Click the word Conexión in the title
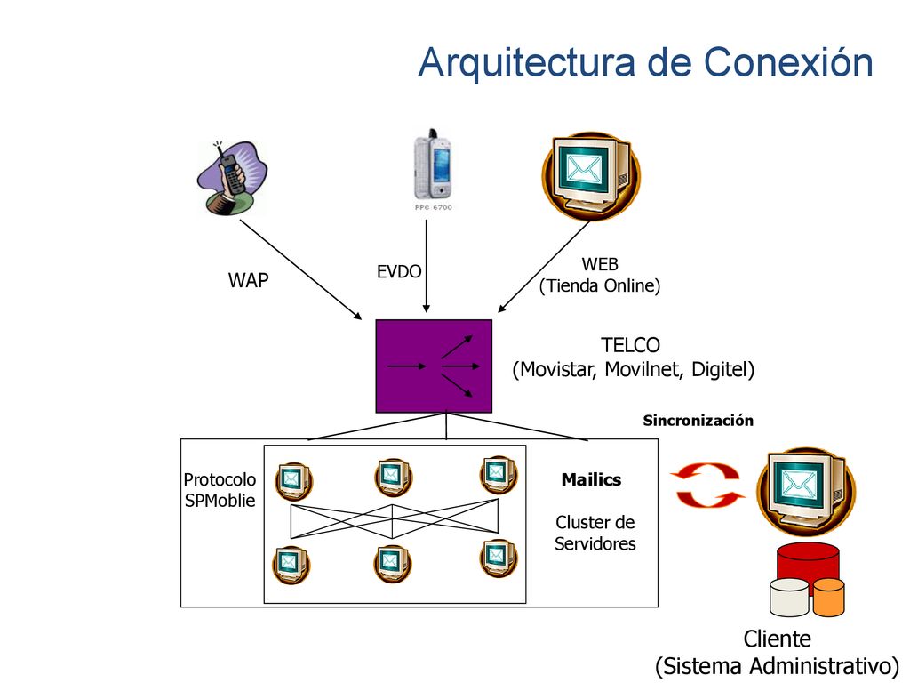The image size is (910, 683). pyautogui.click(x=788, y=62)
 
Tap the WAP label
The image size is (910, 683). pyautogui.click(x=249, y=280)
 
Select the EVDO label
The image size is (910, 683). pyautogui.click(x=399, y=272)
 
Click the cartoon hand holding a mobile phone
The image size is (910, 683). pyautogui.click(x=232, y=178)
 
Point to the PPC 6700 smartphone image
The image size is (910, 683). pyautogui.click(x=433, y=169)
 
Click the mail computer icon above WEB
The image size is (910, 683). pyautogui.click(x=591, y=175)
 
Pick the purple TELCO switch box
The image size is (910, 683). pyautogui.click(x=434, y=366)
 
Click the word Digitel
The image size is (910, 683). pyautogui.click(x=719, y=369)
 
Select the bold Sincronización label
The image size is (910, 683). pyautogui.click(x=698, y=421)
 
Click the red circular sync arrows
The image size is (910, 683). pyautogui.click(x=707, y=485)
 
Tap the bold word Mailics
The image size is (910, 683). pyautogui.click(x=591, y=479)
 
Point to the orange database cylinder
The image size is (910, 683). pyautogui.click(x=829, y=597)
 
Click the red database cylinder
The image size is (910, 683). pyautogui.click(x=808, y=562)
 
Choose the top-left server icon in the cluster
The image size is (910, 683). pyautogui.click(x=293, y=481)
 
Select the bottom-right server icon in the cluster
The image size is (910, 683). pyautogui.click(x=499, y=558)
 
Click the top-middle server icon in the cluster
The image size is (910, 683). pyautogui.click(x=393, y=478)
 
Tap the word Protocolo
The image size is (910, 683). pyautogui.click(x=220, y=479)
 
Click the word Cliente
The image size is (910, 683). pyautogui.click(x=777, y=639)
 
